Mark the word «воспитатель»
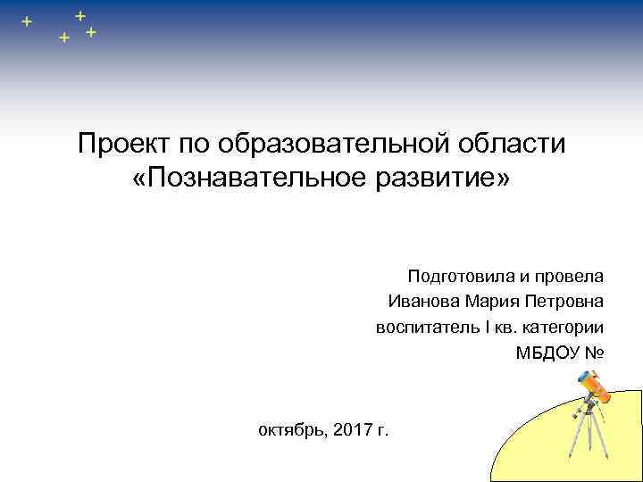coord(426,328)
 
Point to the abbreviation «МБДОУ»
coord(547,353)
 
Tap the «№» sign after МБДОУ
coord(595,353)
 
